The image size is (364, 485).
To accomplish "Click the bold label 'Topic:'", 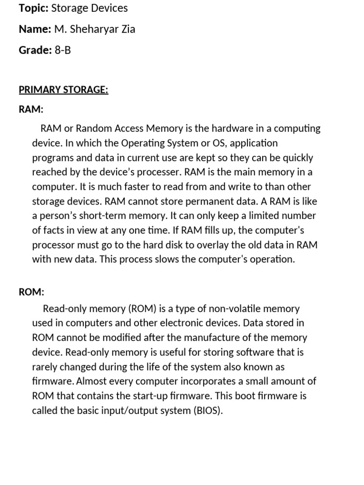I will pyautogui.click(x=33, y=8).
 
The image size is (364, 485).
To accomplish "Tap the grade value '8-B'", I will pyautogui.click(x=63, y=50).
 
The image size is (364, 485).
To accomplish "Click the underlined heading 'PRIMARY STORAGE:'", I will pyautogui.click(x=64, y=90).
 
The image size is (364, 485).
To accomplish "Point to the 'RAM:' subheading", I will pyautogui.click(x=31, y=109).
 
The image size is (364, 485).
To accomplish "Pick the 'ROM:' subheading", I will pyautogui.click(x=31, y=292).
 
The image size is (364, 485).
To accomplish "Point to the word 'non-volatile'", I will pyautogui.click(x=221, y=309).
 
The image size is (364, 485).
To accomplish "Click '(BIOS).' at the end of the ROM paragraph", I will pyautogui.click(x=208, y=411).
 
